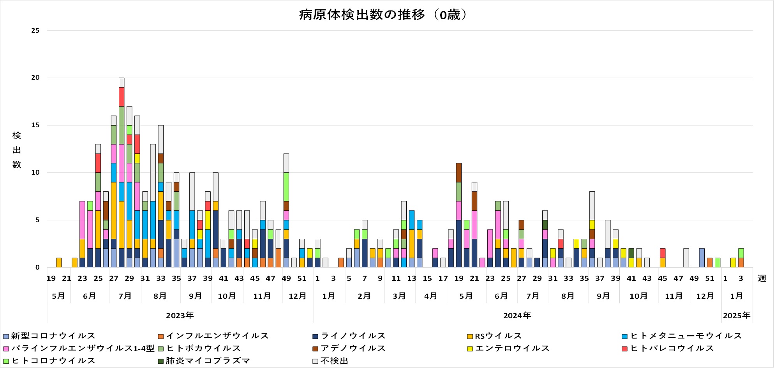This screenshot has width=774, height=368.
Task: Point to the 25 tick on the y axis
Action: (35, 30)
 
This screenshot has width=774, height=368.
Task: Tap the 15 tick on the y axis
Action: (35, 125)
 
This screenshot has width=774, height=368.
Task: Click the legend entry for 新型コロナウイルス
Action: (53, 336)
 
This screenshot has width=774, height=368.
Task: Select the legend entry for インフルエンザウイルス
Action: (217, 336)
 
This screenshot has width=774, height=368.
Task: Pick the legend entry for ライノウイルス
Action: (353, 336)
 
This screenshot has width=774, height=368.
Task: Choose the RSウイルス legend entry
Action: (498, 336)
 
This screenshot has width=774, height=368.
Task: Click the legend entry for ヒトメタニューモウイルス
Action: (686, 336)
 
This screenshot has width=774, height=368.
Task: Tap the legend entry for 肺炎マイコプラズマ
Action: (208, 361)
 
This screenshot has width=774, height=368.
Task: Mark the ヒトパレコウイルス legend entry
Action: (672, 348)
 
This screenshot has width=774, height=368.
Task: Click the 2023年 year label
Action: (180, 315)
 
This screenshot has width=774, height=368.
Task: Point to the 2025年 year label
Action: (737, 315)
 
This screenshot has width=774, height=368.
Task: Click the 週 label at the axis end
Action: (762, 279)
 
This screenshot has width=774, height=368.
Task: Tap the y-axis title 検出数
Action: (17, 150)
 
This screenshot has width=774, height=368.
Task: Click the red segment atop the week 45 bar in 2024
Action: (663, 253)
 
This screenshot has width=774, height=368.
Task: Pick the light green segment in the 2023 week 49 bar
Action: (286, 187)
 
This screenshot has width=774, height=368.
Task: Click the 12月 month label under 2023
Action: (298, 296)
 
